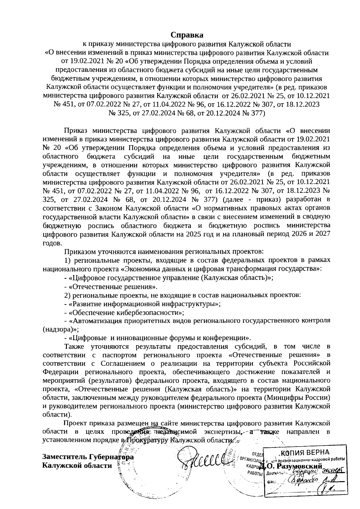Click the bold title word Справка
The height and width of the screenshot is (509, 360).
pos(187,35)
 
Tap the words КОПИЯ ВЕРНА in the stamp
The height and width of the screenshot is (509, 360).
pos(305,452)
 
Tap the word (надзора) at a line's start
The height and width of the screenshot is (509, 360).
pos(57,329)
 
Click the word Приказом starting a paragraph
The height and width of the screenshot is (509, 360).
pos(79,251)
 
